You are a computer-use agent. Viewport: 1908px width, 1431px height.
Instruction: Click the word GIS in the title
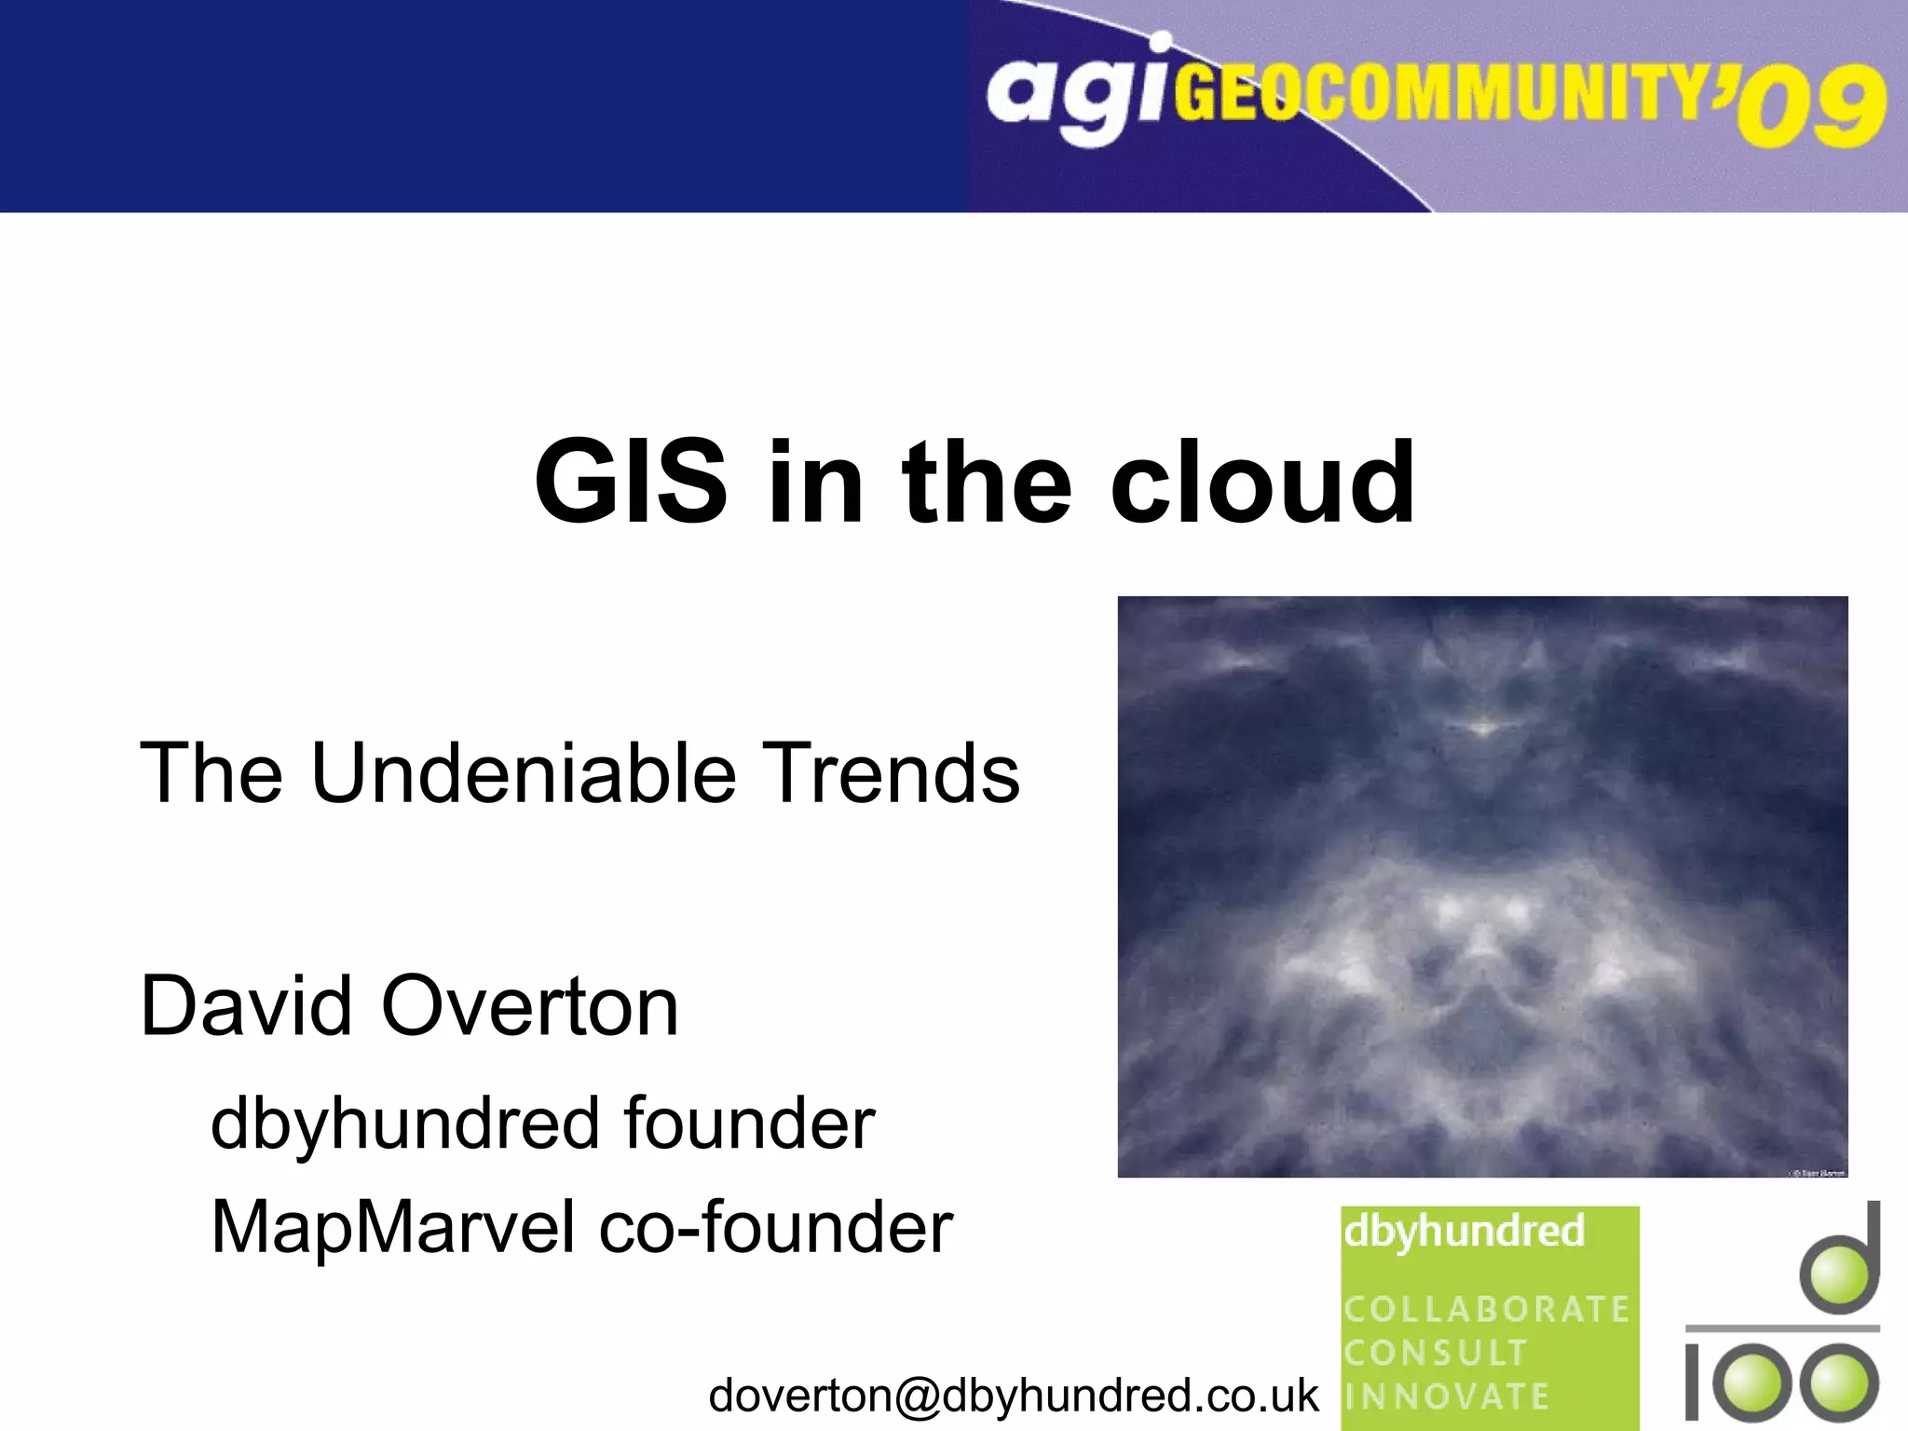pos(630,483)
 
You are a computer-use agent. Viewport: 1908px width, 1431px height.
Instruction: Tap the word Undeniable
pos(524,773)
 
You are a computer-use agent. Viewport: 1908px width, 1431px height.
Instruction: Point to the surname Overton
pos(530,1006)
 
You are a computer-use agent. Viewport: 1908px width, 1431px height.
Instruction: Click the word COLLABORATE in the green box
pos(1486,1309)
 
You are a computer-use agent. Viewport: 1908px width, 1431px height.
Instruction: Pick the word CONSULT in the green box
pos(1436,1353)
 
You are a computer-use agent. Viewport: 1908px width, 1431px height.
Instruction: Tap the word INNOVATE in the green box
pos(1446,1397)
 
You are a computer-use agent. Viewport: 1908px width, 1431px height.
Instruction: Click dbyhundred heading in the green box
pos(1464,1232)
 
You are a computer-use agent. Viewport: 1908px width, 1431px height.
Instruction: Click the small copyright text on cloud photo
pos(1818,1172)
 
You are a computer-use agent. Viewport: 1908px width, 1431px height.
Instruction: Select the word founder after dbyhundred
pos(749,1124)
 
